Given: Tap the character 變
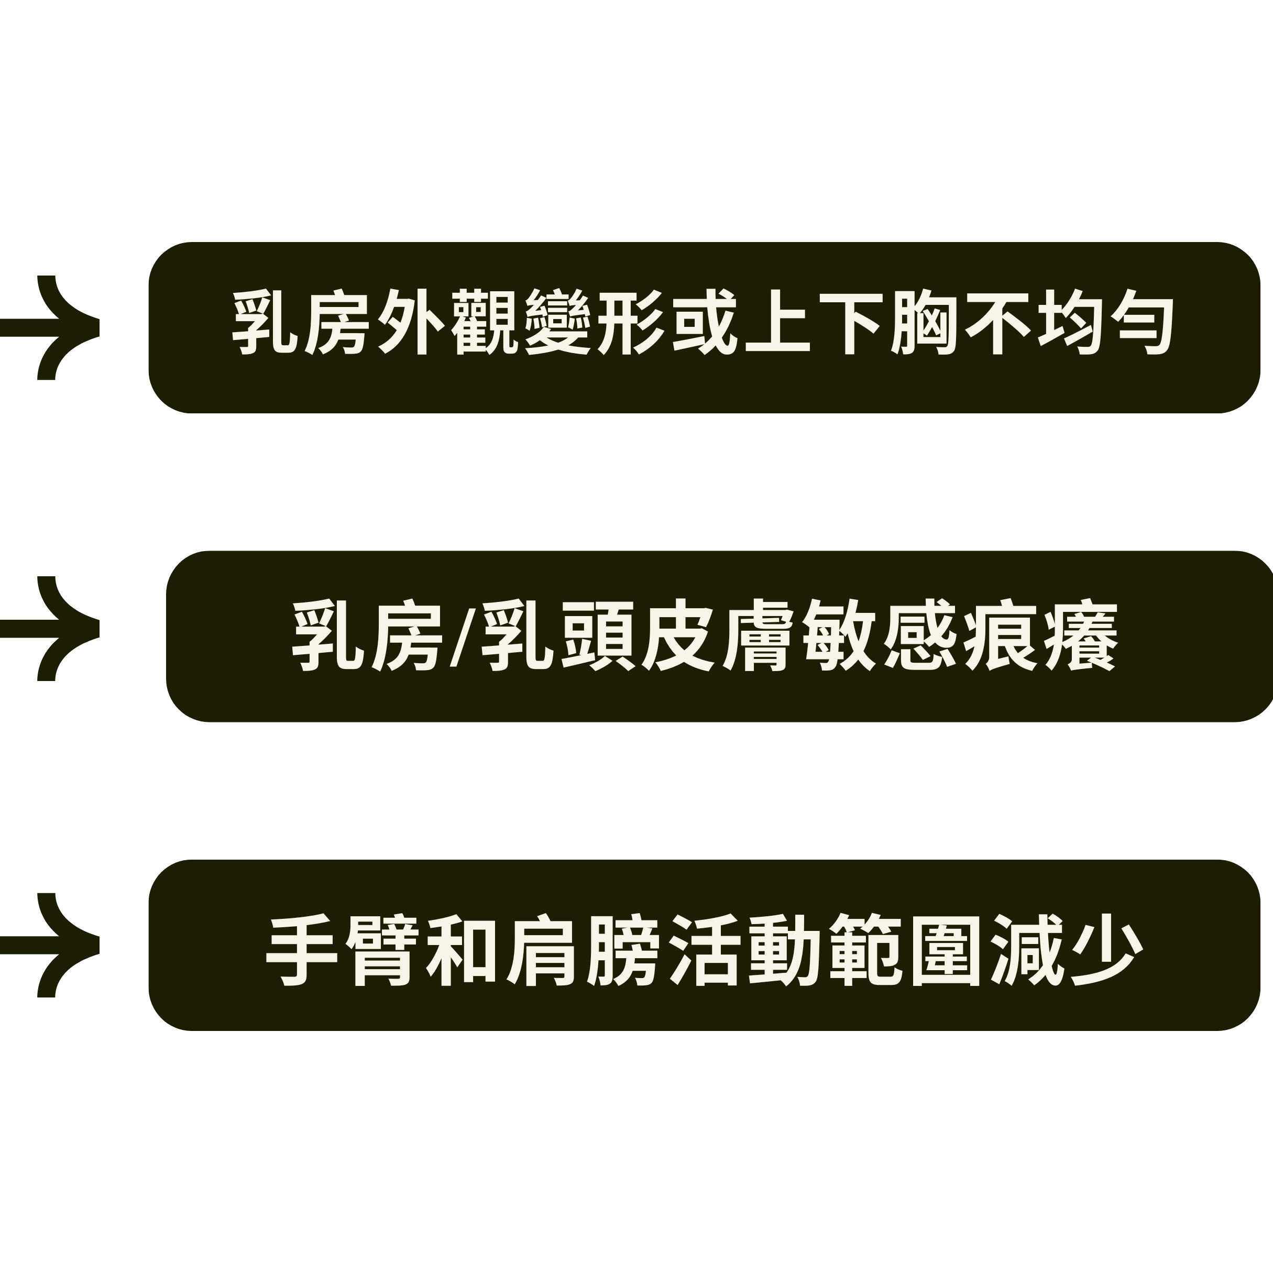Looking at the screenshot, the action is click(x=558, y=322).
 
